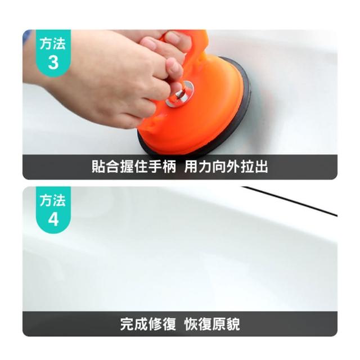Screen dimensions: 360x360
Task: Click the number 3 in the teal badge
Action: (53, 62)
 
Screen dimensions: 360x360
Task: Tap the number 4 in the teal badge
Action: (53, 219)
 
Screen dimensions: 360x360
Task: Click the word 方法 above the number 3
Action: (53, 43)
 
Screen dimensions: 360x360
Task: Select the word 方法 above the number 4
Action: (53, 200)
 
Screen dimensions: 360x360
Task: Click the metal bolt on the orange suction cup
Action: (181, 94)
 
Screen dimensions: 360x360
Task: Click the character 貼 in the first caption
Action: (98, 166)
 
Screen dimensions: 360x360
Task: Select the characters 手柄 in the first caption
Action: (163, 166)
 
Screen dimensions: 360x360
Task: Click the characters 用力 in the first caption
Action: (199, 166)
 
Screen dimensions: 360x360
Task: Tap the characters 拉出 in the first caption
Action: (254, 166)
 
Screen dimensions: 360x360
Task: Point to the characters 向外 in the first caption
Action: (226, 166)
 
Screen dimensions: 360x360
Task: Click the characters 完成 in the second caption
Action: (134, 324)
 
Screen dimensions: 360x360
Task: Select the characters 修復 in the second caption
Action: (163, 324)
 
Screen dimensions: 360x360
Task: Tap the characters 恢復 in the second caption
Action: (199, 324)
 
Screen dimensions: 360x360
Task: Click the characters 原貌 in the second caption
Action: (226, 324)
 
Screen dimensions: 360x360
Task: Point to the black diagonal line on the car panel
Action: (290, 201)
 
